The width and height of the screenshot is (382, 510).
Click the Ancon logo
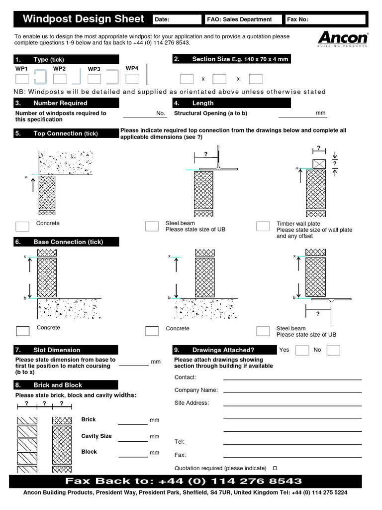coord(343,39)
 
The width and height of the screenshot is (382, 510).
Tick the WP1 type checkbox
coord(22,79)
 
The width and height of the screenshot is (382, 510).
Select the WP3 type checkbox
coord(95,79)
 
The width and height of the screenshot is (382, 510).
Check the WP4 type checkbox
coord(132,79)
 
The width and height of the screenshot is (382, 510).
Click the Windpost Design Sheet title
coord(83,19)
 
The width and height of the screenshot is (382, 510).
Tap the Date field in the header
coord(177,19)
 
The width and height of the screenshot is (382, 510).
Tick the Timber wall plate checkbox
coord(263,226)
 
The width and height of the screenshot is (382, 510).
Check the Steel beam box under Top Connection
coord(152,226)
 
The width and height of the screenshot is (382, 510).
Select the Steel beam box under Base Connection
coord(263,331)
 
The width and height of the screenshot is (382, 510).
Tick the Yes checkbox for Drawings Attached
coord(302,350)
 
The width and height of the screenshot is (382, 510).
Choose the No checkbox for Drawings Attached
coord(333,350)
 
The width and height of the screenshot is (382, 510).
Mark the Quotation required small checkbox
coord(275,468)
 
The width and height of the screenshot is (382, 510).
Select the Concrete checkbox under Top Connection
coord(22,226)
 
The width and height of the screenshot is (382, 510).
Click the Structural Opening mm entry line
coord(295,116)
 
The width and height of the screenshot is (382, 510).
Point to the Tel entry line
coord(292,444)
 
